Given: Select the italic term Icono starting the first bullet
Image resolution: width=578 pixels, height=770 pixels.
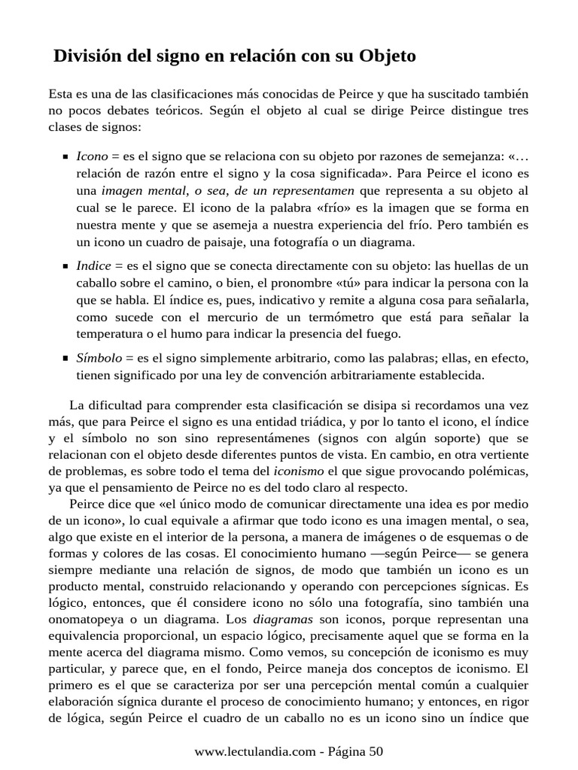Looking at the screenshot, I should click(x=92, y=156).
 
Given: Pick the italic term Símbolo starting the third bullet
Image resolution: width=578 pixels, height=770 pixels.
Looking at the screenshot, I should click(x=99, y=358).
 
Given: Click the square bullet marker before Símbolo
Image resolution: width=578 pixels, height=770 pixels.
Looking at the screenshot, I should click(x=65, y=359).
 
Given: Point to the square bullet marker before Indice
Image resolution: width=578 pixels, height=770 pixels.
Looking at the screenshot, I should click(x=65, y=266).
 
